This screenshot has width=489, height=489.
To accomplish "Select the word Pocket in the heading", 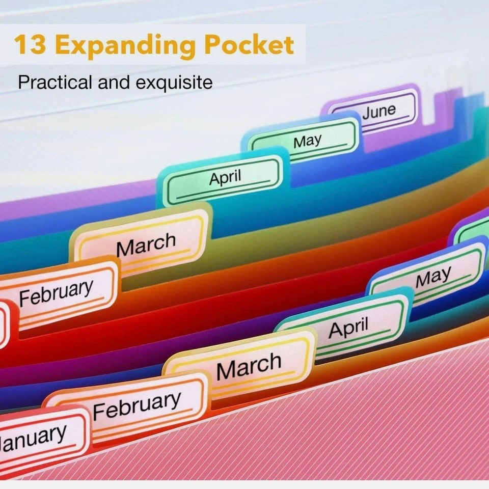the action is click(x=249, y=44).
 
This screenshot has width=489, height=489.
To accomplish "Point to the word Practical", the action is click(x=55, y=82).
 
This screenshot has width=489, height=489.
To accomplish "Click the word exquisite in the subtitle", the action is click(x=174, y=83).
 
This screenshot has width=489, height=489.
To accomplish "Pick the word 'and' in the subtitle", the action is click(x=114, y=82).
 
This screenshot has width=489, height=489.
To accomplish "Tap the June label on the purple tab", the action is click(x=379, y=112).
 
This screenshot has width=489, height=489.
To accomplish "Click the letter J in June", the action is click(x=366, y=114).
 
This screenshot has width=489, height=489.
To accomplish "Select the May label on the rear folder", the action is click(x=307, y=141).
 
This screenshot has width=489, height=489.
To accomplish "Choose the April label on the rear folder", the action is click(x=225, y=177).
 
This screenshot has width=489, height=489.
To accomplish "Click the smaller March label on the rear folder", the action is click(x=146, y=244).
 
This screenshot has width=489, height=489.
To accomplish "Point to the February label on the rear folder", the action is click(x=56, y=292).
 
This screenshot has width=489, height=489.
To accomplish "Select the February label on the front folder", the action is click(x=137, y=405).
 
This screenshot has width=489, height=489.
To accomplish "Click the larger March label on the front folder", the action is click(x=249, y=366).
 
